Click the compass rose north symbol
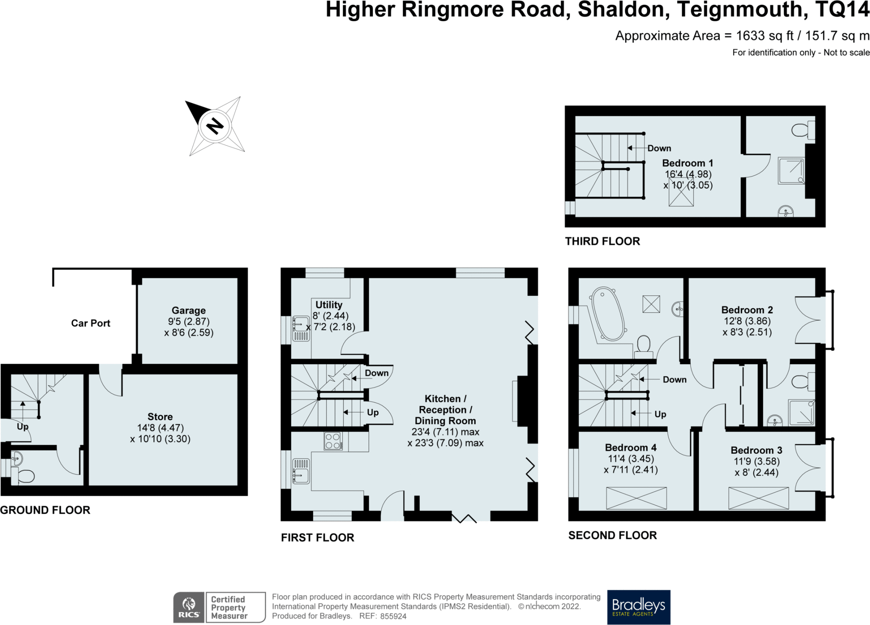pos(215,126)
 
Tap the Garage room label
pos(189,311)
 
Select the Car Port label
pos(90,323)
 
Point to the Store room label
pos(160,417)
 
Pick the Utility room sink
pos(301,329)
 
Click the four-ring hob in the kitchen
pos(333,441)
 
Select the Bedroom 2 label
pos(747,310)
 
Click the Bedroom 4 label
pos(631,448)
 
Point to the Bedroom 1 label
pos(688,163)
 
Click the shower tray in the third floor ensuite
pos(791,171)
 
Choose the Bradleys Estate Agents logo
pos(639,607)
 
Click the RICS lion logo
pos(189,608)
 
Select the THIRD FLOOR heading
pos(602,241)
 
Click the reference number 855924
pos(393,616)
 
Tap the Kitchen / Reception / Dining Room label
pos(445,410)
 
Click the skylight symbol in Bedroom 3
pos(758,498)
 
